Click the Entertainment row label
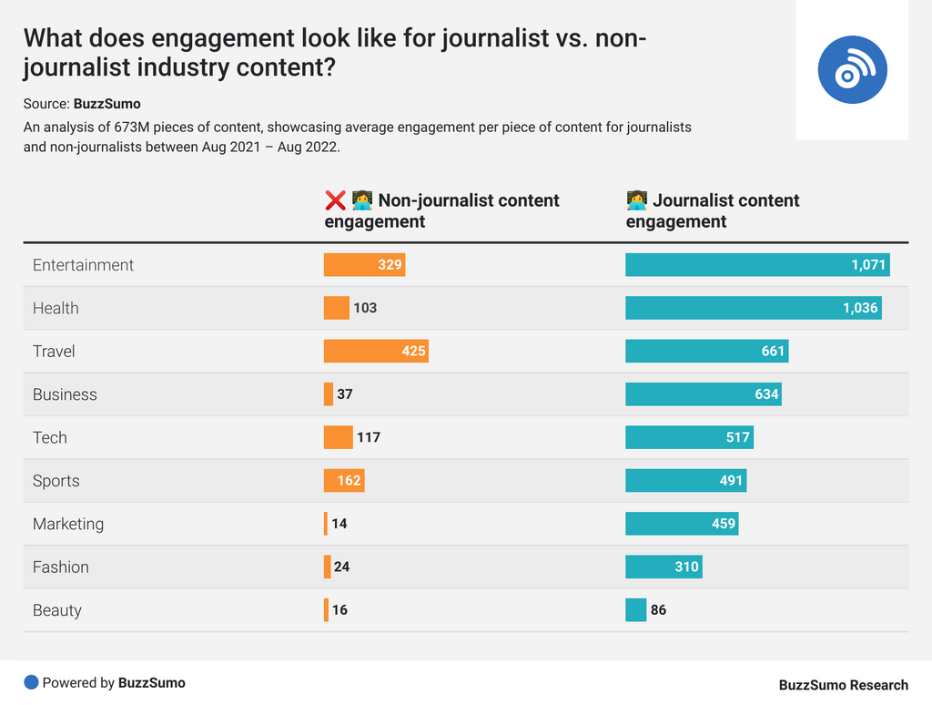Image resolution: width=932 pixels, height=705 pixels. [83, 265]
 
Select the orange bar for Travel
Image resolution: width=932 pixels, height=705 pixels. [376, 351]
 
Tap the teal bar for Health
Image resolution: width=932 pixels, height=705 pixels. [753, 308]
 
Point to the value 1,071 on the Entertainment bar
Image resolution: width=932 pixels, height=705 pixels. [868, 265]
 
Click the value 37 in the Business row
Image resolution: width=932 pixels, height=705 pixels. [344, 394]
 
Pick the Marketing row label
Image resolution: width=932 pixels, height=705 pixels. [68, 524]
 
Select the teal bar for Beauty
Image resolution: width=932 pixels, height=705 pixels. [635, 610]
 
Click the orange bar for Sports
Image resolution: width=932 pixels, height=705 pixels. [344, 480]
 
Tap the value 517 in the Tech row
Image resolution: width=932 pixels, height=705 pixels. [737, 437]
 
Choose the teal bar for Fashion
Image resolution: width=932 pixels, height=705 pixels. [664, 567]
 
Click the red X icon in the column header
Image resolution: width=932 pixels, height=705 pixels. [334, 200]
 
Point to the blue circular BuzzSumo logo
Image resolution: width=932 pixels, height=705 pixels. [852, 70]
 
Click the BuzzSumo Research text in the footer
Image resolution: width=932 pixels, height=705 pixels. [843, 685]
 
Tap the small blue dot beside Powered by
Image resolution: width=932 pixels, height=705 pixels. [31, 682]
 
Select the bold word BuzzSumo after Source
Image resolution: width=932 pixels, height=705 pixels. [107, 104]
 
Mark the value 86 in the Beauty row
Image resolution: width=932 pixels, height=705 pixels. [658, 610]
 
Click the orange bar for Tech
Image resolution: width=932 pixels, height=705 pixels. [338, 437]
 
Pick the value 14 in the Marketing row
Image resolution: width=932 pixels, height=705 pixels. [339, 524]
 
